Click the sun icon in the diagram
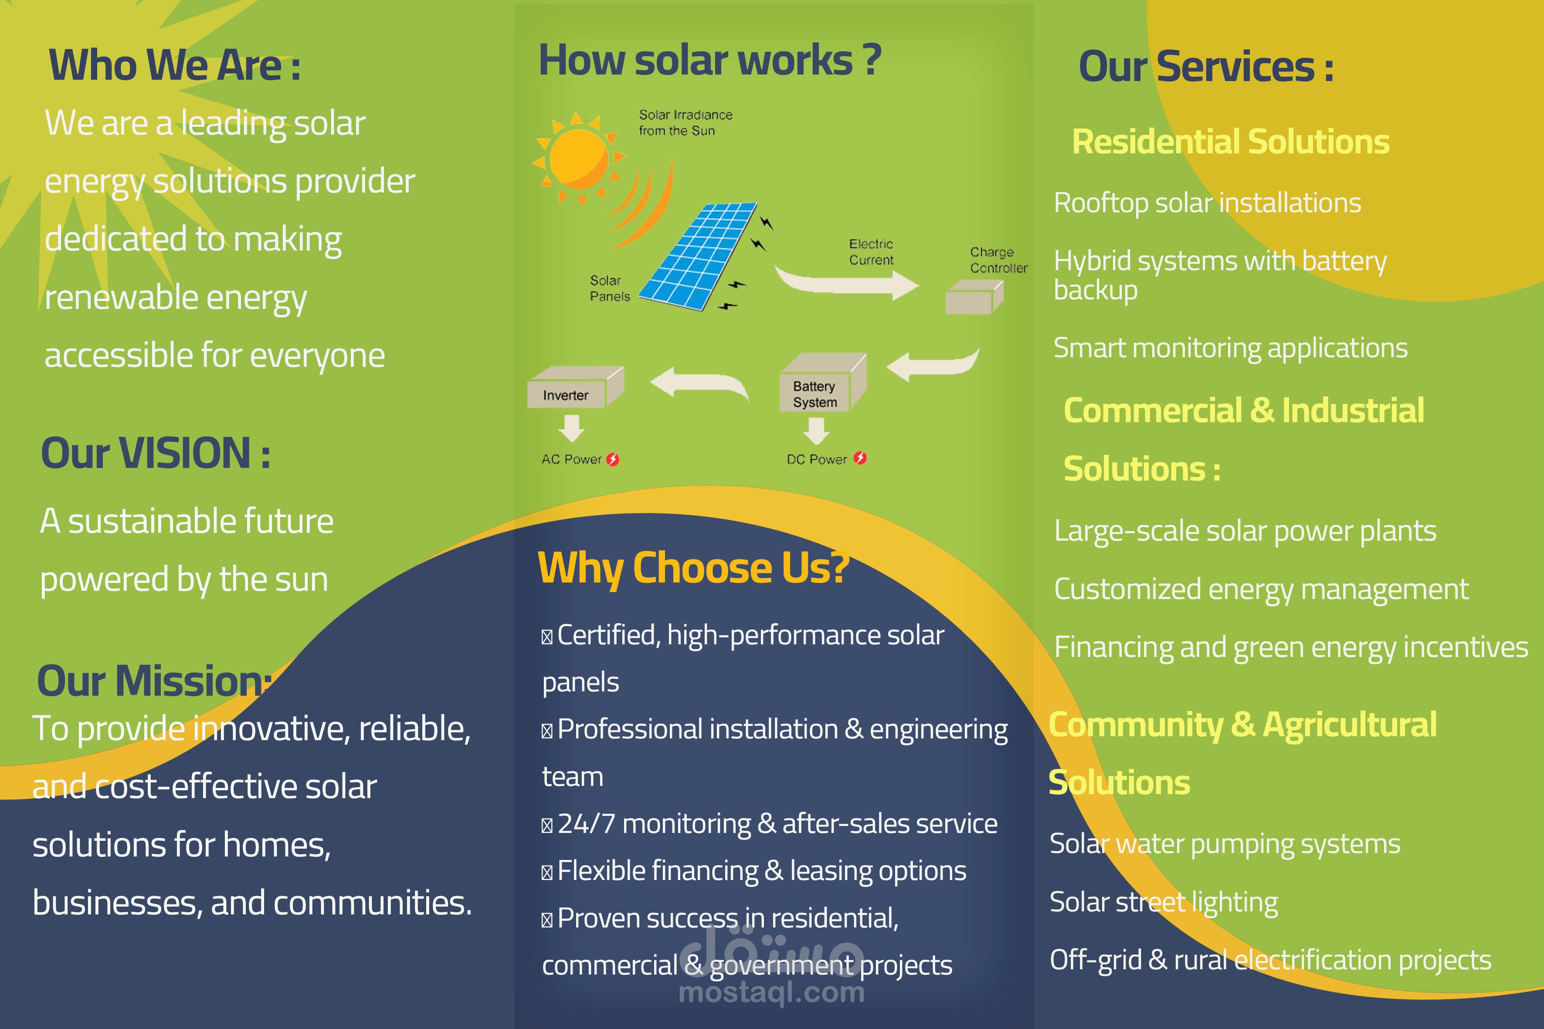pyautogui.click(x=578, y=158)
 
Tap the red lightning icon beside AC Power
pyautogui.click(x=612, y=459)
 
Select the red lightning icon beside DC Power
pyautogui.click(x=860, y=458)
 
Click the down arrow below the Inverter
pyautogui.click(x=571, y=428)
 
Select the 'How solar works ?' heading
pyautogui.click(x=709, y=61)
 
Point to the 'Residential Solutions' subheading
pyautogui.click(x=1230, y=142)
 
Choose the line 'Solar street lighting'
pyautogui.click(x=1163, y=902)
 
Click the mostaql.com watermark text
pyautogui.click(x=771, y=992)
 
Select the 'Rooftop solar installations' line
pyautogui.click(x=1207, y=203)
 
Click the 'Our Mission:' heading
pyautogui.click(x=153, y=681)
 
